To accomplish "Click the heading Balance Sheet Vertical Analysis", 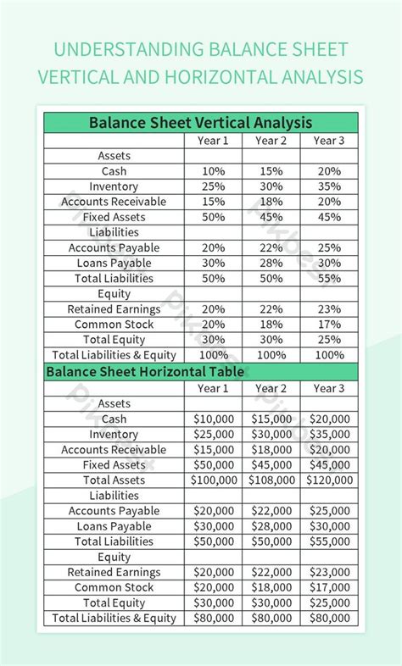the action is point(200,123).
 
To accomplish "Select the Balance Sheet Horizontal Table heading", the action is point(145,371).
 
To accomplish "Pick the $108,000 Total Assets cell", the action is point(271,480).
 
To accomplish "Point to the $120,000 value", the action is point(329,480).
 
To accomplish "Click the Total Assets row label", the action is point(114,480).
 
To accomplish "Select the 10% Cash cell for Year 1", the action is point(214,171).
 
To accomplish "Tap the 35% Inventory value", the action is point(329,186).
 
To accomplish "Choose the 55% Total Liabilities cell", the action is point(329,278).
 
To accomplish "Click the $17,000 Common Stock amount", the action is point(329,587).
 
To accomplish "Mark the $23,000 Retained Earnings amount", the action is point(329,572).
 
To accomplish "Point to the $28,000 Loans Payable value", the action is point(271,526).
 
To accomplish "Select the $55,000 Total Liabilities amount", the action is point(329,541).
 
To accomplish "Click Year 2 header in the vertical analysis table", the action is point(271,141).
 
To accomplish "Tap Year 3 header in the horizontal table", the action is point(329,388).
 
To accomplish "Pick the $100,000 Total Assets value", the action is point(214,480).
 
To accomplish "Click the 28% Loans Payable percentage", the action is point(271,263).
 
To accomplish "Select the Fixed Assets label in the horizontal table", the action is point(114,464).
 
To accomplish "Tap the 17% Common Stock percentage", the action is point(329,324).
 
